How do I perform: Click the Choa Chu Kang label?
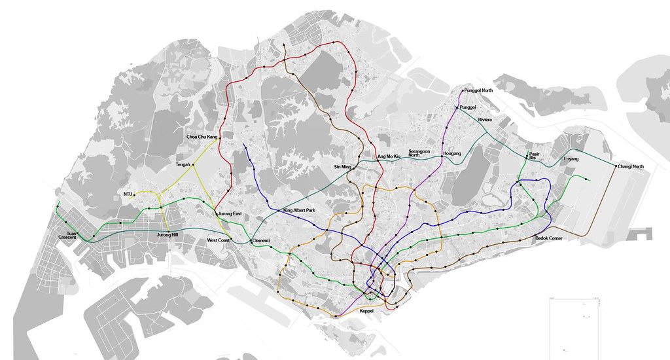point(202,137)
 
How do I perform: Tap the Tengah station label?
point(183,165)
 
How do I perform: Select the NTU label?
point(128,194)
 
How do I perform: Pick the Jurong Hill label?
point(167,234)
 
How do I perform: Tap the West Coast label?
point(218,241)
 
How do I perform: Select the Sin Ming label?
point(344,168)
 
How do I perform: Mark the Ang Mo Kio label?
point(388,156)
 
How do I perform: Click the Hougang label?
point(452,153)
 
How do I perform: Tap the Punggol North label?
point(479,90)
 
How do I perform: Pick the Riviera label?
point(485,120)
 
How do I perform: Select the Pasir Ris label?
point(535,156)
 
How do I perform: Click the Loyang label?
point(571,158)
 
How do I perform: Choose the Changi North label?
point(631,167)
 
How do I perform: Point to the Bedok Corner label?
point(549,238)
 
